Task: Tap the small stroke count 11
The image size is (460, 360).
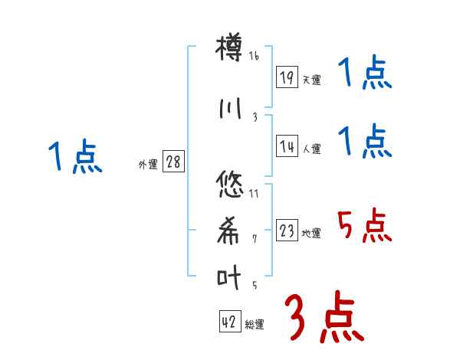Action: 255,192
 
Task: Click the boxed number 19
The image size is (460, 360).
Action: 287,77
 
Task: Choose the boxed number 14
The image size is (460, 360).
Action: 287,147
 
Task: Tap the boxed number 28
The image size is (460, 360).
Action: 173,162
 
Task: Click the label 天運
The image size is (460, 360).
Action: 311,80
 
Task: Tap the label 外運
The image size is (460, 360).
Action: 147,164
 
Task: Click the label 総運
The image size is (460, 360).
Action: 255,325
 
